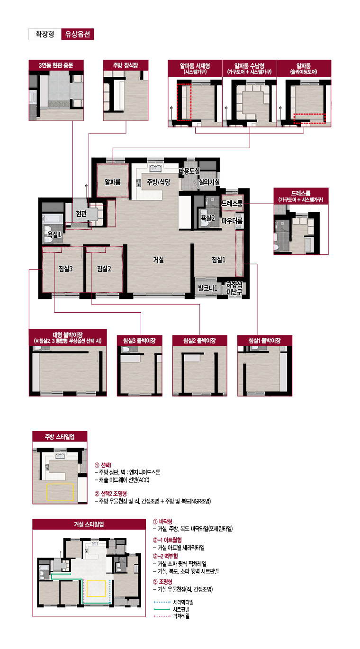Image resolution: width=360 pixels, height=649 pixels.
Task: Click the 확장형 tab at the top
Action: pyautogui.click(x=45, y=34)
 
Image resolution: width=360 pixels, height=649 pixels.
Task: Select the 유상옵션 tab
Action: pyautogui.click(x=78, y=34)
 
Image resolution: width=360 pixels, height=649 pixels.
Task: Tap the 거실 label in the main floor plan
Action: pyautogui.click(x=158, y=260)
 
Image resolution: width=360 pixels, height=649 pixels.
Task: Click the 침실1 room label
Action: pyautogui.click(x=218, y=260)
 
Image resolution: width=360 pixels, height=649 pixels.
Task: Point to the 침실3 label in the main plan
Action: pyautogui.click(x=66, y=269)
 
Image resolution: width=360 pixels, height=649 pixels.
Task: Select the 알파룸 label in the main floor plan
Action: pyautogui.click(x=112, y=182)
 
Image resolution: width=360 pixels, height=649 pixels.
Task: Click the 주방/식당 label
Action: pyautogui.click(x=158, y=182)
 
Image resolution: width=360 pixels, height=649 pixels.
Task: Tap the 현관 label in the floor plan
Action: pyautogui.click(x=81, y=214)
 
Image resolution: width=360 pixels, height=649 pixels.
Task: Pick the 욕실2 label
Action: pyautogui.click(x=208, y=217)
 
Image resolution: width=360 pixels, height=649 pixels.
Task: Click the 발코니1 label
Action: pyautogui.click(x=207, y=288)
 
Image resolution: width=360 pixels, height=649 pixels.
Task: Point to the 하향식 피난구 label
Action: pyautogui.click(x=234, y=288)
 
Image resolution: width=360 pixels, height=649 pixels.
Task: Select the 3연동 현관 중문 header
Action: pyautogui.click(x=56, y=65)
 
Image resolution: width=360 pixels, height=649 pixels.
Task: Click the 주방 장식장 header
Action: pyautogui.click(x=126, y=65)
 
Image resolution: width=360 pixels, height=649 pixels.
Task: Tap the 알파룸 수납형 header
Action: pyautogui.click(x=249, y=68)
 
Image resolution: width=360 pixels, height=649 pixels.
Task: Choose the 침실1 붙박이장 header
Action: pyautogui.click(x=265, y=341)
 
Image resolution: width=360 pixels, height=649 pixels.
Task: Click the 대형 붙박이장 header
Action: pyautogui.click(x=68, y=338)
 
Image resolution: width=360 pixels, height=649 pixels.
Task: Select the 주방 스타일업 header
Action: pyautogui.click(x=60, y=436)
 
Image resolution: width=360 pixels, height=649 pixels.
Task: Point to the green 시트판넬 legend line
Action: pyautogui.click(x=162, y=609)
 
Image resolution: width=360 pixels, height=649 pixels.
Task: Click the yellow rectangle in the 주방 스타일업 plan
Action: pyautogui.click(x=60, y=492)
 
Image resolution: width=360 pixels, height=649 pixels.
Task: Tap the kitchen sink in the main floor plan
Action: pyautogui.click(x=155, y=168)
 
